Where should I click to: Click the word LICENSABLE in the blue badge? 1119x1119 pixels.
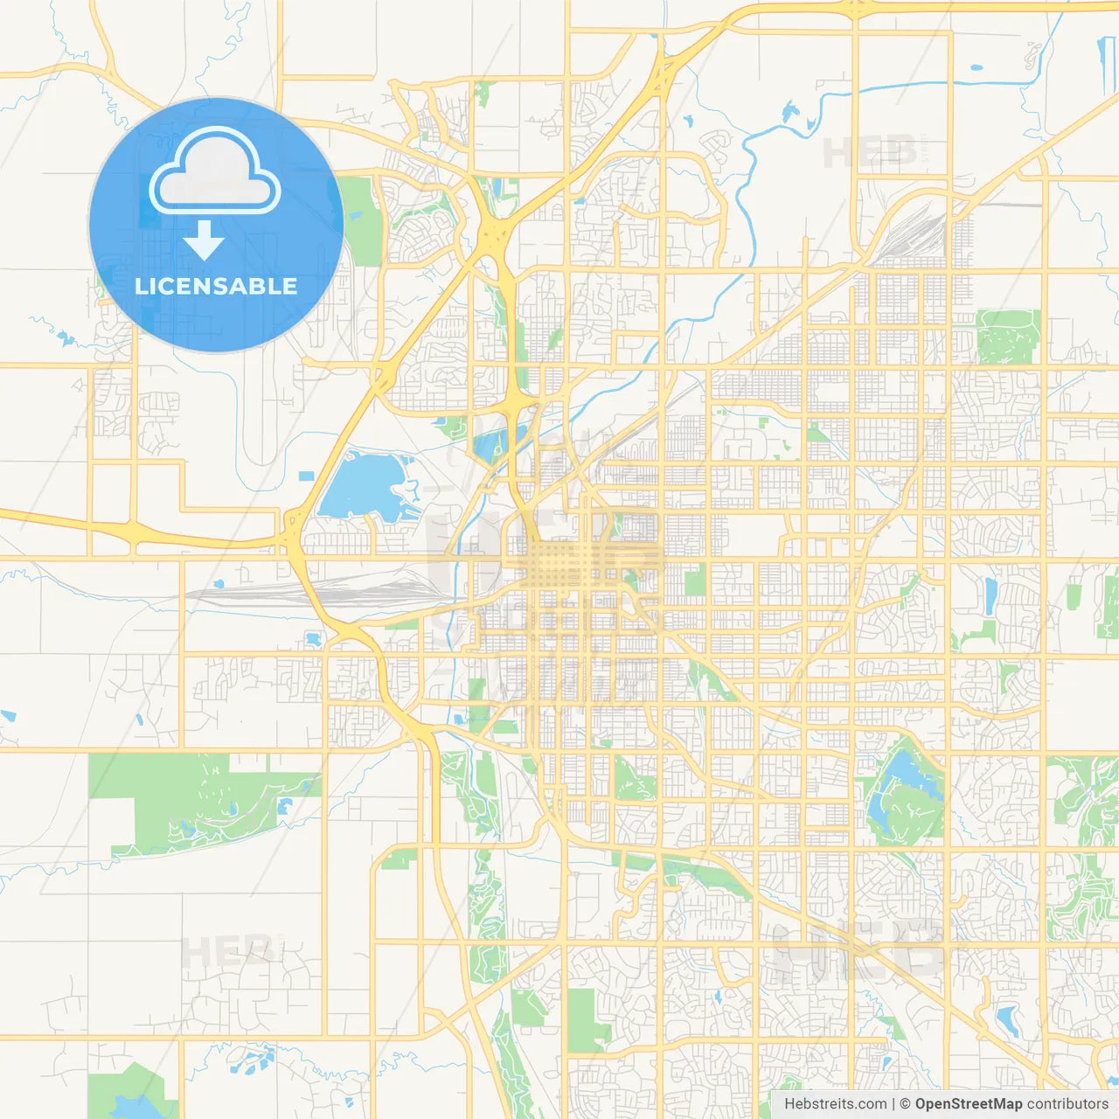pyautogui.click(x=216, y=286)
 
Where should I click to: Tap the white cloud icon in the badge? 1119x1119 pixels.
pyautogui.click(x=215, y=172)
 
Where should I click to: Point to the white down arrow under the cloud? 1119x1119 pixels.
pyautogui.click(x=204, y=240)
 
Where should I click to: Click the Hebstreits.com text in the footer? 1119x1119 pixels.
pyautogui.click(x=835, y=1104)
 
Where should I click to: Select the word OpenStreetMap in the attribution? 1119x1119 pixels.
pyautogui.click(x=969, y=1104)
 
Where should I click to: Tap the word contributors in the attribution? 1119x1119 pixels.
pyautogui.click(x=1067, y=1104)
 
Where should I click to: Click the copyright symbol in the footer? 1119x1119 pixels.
pyautogui.click(x=905, y=1104)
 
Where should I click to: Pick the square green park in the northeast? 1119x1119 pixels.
pyautogui.click(x=1008, y=336)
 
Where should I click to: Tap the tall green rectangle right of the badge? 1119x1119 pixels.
pyautogui.click(x=363, y=220)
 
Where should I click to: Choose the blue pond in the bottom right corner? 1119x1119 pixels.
pyautogui.click(x=1008, y=1018)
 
